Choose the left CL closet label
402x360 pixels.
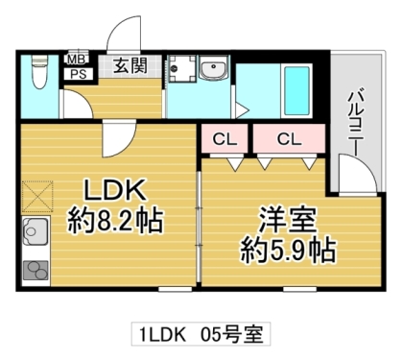click(x=224, y=139)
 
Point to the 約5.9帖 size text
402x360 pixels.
click(x=287, y=252)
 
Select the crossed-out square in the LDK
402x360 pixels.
click(x=37, y=198)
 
